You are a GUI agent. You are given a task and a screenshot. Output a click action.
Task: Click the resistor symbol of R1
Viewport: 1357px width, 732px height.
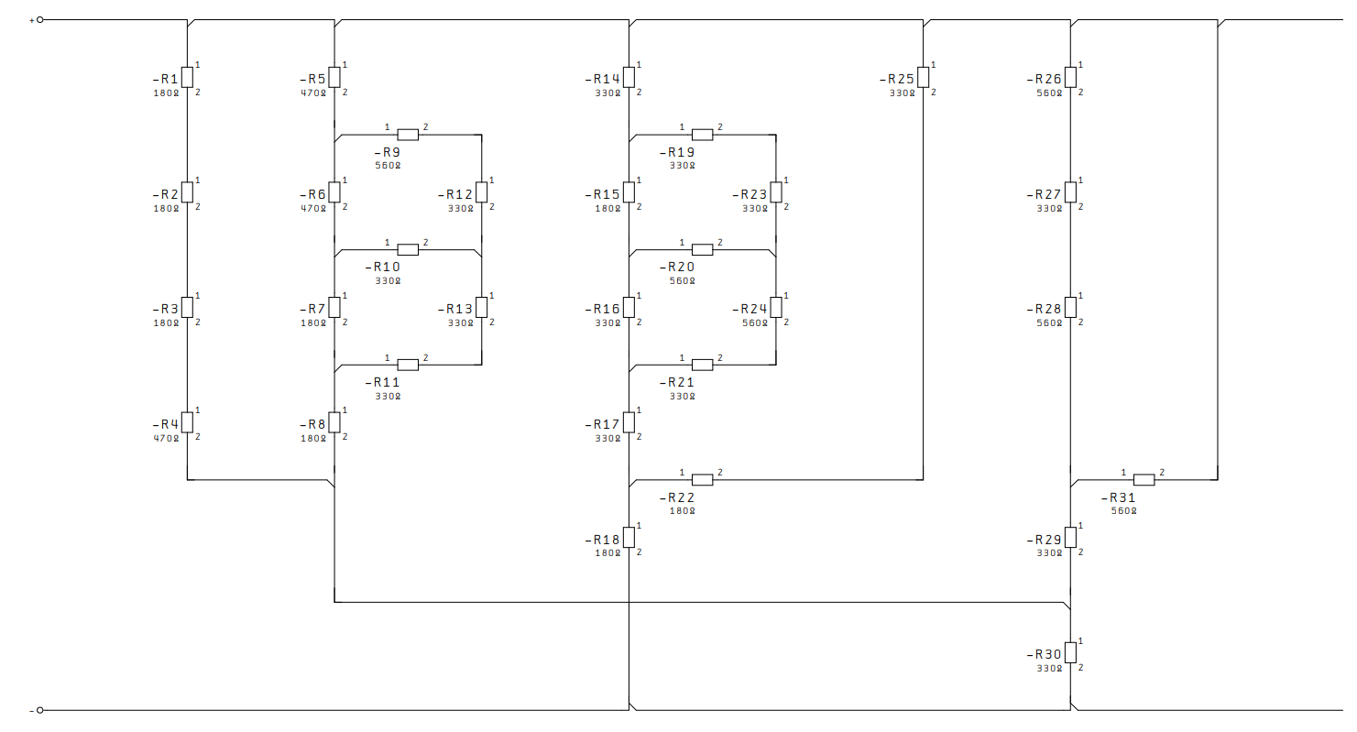187,78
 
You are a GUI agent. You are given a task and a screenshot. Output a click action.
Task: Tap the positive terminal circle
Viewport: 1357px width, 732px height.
40,20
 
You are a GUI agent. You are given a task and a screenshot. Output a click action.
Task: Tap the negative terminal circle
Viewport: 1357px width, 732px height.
40,710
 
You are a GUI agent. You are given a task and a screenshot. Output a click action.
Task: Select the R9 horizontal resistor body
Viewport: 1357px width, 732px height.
408,135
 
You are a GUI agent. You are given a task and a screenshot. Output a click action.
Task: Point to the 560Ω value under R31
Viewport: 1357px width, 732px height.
1123,511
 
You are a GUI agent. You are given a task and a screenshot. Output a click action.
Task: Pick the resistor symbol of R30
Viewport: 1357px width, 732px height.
1070,652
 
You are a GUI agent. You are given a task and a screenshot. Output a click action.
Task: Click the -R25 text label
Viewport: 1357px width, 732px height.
897,79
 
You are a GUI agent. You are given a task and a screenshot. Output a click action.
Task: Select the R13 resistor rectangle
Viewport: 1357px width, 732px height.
482,307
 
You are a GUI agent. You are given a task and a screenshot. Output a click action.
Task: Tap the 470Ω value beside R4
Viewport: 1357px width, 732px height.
166,438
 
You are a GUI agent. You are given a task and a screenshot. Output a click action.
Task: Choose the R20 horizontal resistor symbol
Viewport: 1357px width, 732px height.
702,250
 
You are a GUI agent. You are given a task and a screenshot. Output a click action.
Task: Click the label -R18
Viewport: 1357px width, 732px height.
602,540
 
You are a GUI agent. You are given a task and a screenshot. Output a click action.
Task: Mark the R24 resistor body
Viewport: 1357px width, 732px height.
776,307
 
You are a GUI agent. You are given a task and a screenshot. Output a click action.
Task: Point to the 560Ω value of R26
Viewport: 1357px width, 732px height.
1049,93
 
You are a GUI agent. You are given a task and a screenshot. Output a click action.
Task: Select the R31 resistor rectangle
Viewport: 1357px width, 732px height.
1144,480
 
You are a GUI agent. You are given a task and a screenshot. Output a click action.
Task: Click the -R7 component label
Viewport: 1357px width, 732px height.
312,309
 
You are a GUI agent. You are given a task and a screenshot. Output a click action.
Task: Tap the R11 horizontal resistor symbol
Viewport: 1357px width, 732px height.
408,365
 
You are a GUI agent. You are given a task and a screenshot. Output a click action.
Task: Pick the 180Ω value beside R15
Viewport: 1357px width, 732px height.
607,209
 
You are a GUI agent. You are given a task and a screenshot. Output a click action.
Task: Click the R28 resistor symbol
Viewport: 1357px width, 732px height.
1070,307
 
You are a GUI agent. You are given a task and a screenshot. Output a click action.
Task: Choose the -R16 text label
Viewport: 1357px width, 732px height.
602,309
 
